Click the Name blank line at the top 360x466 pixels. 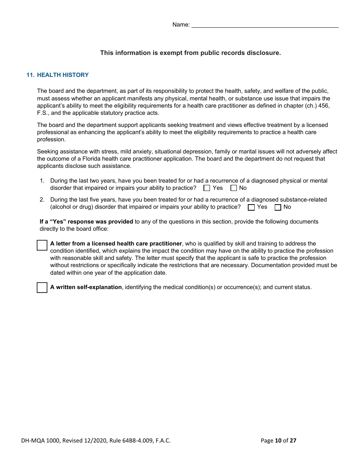click(x=265, y=25)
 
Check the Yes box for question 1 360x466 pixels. click(x=207, y=188)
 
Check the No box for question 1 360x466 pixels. click(x=234, y=188)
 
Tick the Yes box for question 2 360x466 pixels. click(x=251, y=207)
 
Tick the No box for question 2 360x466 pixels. click(x=278, y=207)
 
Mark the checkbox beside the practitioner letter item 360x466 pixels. click(x=42, y=245)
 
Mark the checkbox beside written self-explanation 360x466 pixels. click(x=42, y=288)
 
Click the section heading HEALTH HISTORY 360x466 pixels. click(x=63, y=75)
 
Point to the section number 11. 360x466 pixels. click(x=30, y=75)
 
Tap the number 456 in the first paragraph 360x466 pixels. click(x=324, y=106)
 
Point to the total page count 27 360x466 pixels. click(x=293, y=440)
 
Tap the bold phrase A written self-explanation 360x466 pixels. click(x=86, y=287)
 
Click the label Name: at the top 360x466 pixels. click(x=181, y=25)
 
